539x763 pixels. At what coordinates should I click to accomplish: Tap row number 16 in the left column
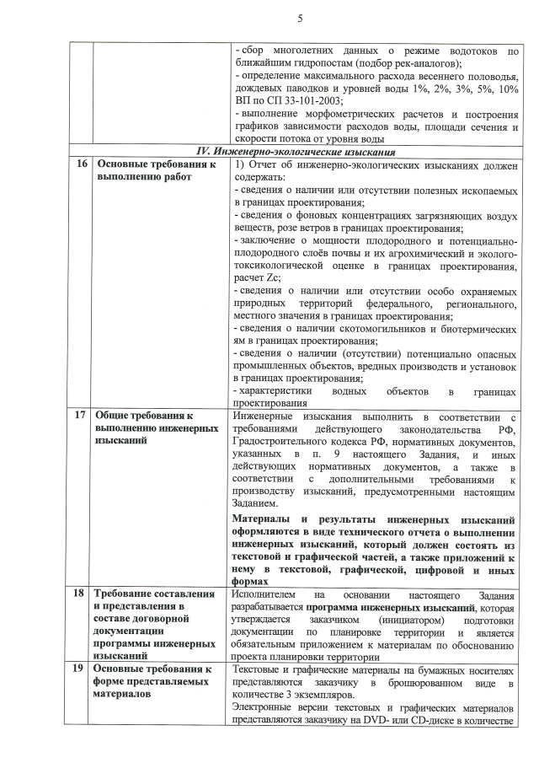(80, 164)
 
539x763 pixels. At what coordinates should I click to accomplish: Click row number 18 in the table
(80, 594)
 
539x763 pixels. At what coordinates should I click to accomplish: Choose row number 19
(80, 669)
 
